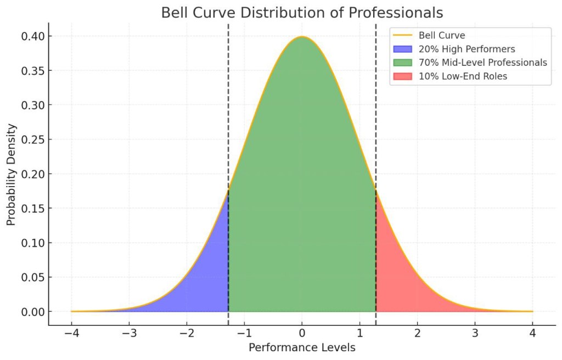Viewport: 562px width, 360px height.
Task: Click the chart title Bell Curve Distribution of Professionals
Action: coord(302,13)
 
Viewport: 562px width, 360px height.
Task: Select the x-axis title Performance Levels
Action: coord(302,347)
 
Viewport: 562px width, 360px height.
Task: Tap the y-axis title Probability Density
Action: coord(12,174)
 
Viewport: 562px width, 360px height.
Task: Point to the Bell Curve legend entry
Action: coord(442,36)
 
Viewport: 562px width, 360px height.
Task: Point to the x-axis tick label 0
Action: coord(302,333)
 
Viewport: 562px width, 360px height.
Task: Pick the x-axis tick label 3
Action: coord(475,333)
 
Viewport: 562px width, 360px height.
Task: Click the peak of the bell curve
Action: coord(302,37)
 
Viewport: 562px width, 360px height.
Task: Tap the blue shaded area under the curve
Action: coord(203,280)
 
